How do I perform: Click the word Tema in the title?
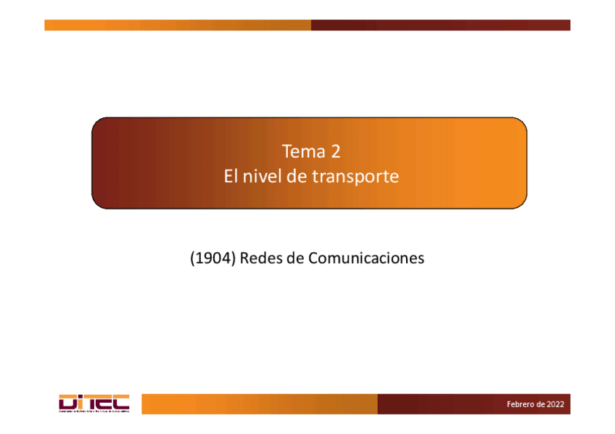coord(300,152)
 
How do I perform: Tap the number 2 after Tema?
coord(334,152)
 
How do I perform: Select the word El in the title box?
coord(230,176)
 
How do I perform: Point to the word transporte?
coord(356,177)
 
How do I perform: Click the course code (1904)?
coord(212,258)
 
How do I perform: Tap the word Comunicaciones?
coord(366,258)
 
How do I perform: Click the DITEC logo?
coord(94,404)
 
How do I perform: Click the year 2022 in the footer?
coord(556,404)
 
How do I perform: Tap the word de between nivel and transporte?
coord(297,176)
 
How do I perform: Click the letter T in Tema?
coord(286,152)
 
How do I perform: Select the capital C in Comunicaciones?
coord(313,258)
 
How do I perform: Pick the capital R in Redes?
coord(244,258)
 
